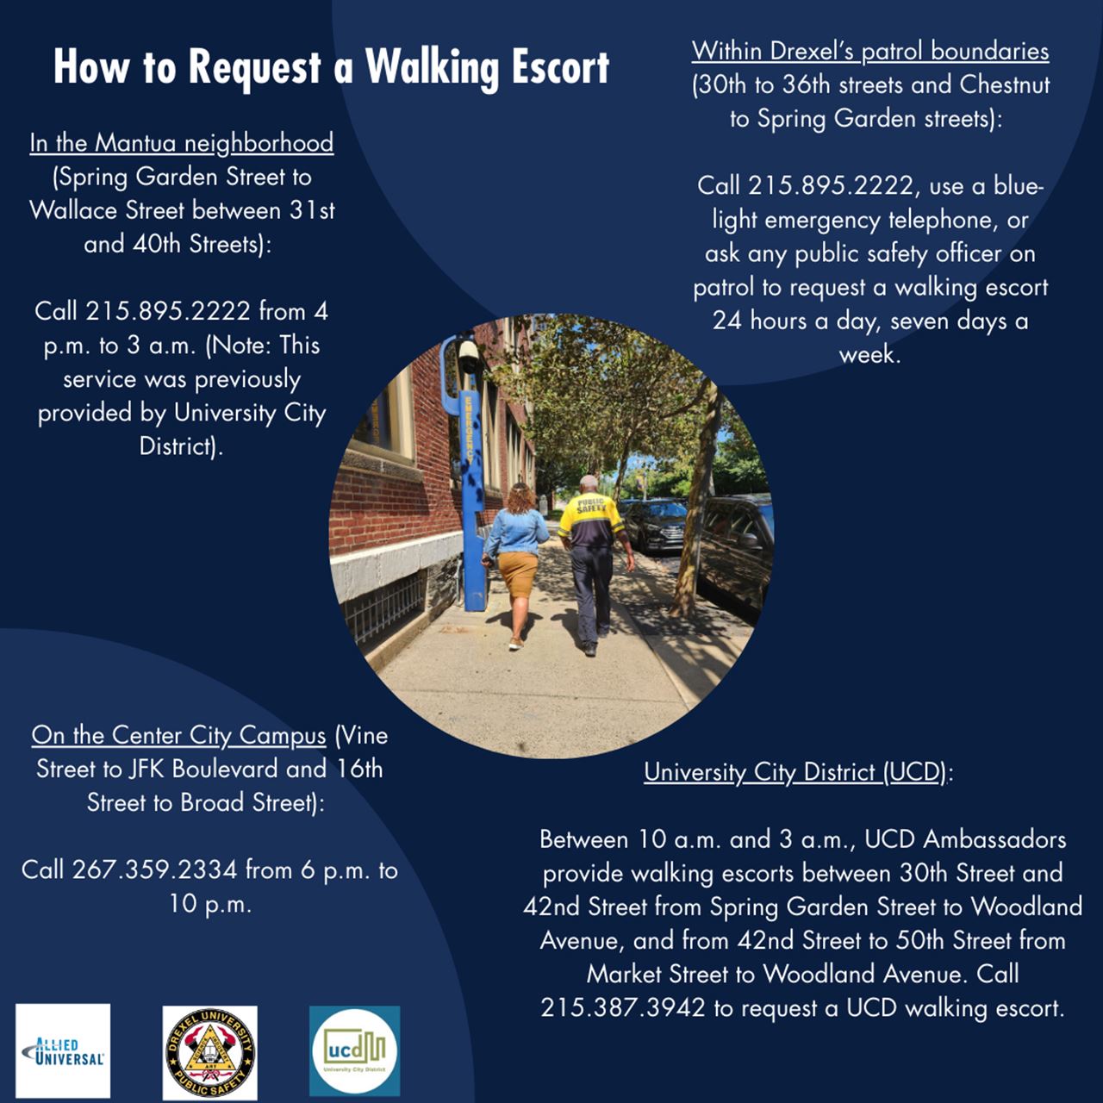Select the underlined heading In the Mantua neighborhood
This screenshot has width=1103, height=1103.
pyautogui.click(x=181, y=143)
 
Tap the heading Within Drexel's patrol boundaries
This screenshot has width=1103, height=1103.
pyautogui.click(x=870, y=51)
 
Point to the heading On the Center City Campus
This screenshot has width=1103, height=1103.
pyautogui.click(x=178, y=736)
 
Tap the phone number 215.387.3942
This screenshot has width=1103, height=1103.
pyautogui.click(x=623, y=1007)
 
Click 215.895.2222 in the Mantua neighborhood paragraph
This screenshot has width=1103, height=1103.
pyautogui.click(x=167, y=311)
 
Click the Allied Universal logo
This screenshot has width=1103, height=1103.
pyautogui.click(x=63, y=1050)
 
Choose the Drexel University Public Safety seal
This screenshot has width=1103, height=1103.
pyautogui.click(x=210, y=1052)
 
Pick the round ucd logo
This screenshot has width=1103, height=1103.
pyautogui.click(x=354, y=1051)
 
